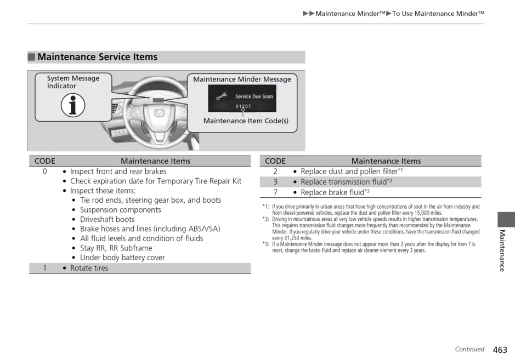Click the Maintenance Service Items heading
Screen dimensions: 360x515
click(97, 57)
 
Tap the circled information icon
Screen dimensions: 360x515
click(73, 105)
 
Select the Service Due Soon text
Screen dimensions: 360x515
click(254, 96)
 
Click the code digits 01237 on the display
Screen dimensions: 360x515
click(243, 106)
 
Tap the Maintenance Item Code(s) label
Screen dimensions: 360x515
click(246, 121)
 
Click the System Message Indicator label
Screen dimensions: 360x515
click(73, 82)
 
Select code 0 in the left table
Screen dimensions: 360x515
click(45, 172)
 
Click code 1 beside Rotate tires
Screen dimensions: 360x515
click(45, 268)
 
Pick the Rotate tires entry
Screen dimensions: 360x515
click(89, 268)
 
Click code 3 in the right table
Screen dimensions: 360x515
click(275, 182)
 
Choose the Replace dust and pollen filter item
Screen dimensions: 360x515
click(348, 172)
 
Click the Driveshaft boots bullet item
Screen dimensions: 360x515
click(107, 219)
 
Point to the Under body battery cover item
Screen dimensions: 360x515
click(122, 258)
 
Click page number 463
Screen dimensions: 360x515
click(500, 350)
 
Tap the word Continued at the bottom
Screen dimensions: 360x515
click(469, 349)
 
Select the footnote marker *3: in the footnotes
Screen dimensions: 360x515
click(265, 244)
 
